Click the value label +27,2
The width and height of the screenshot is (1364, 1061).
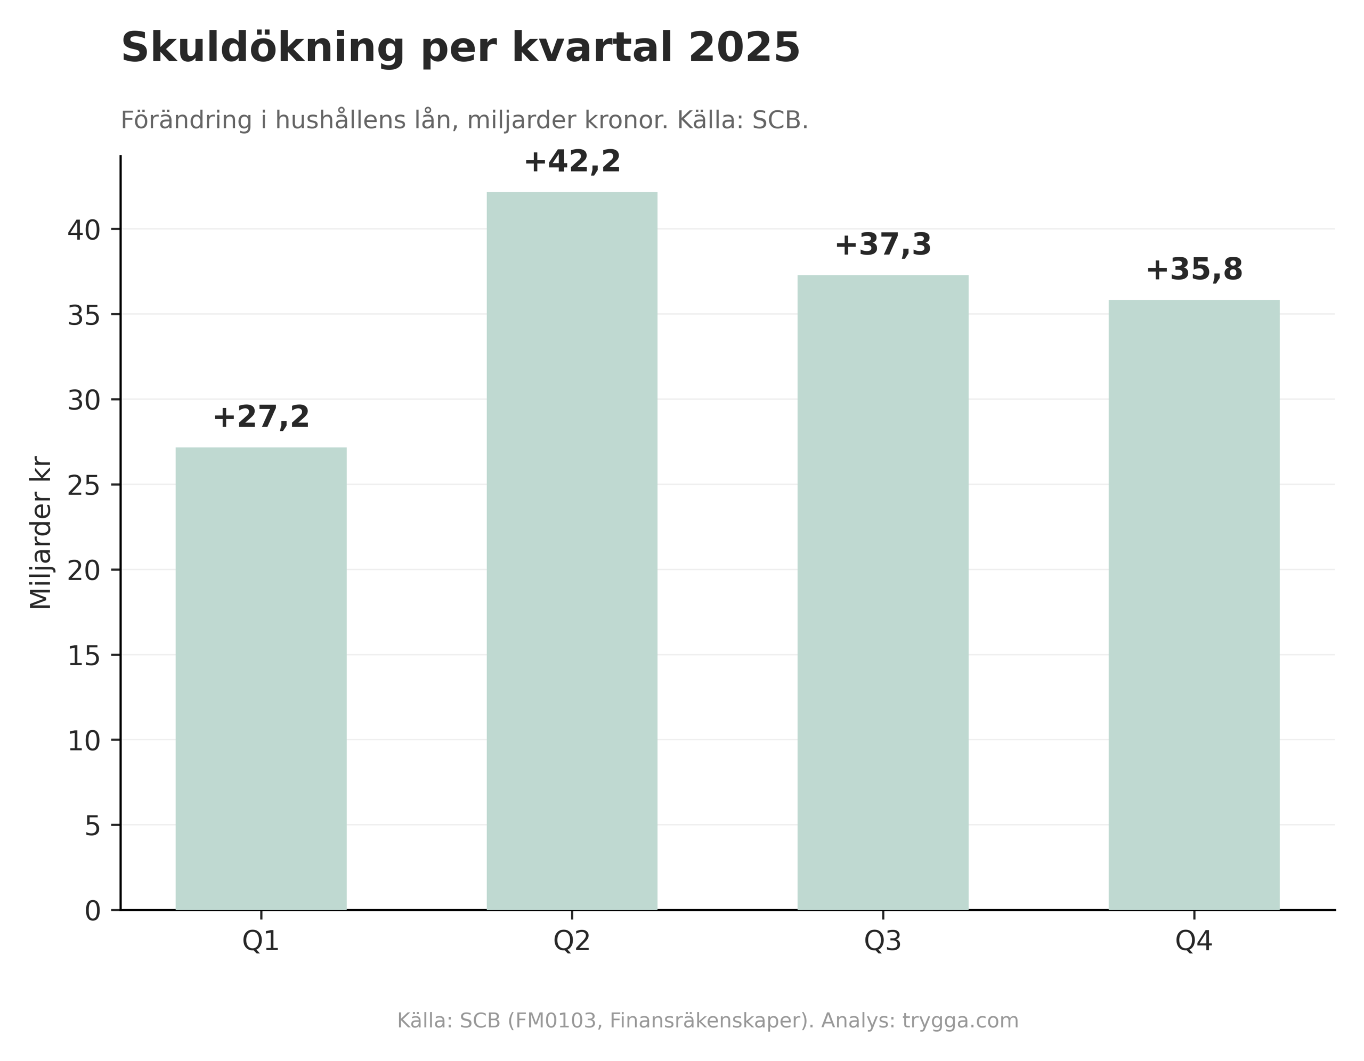(261, 417)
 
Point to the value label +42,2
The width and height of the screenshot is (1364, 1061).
(572, 162)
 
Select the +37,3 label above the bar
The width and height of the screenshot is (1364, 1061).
(882, 245)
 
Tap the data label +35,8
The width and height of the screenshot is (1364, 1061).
(1193, 270)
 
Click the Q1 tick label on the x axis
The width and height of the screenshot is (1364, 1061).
(261, 941)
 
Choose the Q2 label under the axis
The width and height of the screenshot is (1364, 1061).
(572, 941)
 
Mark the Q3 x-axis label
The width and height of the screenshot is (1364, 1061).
(882, 941)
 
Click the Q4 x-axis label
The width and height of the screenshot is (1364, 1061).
(1193, 941)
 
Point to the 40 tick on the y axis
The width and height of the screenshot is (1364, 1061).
(84, 231)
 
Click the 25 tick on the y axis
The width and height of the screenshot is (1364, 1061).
(84, 486)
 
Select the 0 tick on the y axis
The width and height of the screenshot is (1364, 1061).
(92, 911)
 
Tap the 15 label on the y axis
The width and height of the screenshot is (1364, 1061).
(84, 656)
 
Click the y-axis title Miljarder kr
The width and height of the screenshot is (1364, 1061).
(41, 532)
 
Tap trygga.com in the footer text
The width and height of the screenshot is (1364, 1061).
(961, 1021)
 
